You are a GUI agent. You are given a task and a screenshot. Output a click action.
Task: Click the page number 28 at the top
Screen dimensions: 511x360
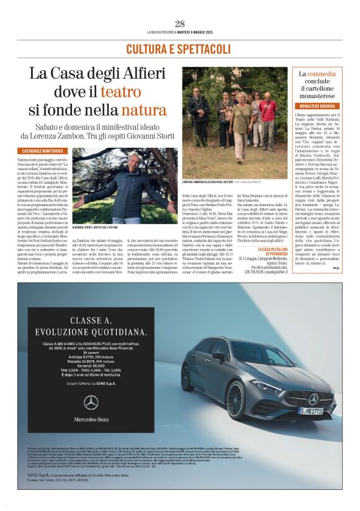(x=180, y=24)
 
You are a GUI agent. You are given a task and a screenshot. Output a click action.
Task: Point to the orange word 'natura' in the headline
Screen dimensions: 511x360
(x=144, y=111)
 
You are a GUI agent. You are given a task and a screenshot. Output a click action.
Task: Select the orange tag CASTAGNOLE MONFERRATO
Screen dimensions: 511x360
(x=42, y=151)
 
